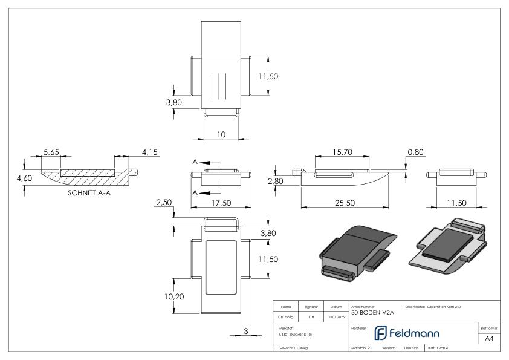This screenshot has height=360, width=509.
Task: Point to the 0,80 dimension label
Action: [415, 152]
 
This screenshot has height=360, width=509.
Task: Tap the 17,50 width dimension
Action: [221, 203]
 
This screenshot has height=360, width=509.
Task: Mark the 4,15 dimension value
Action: [149, 152]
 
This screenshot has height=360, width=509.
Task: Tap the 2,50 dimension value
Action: [164, 203]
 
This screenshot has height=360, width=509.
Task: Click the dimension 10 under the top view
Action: [221, 134]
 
